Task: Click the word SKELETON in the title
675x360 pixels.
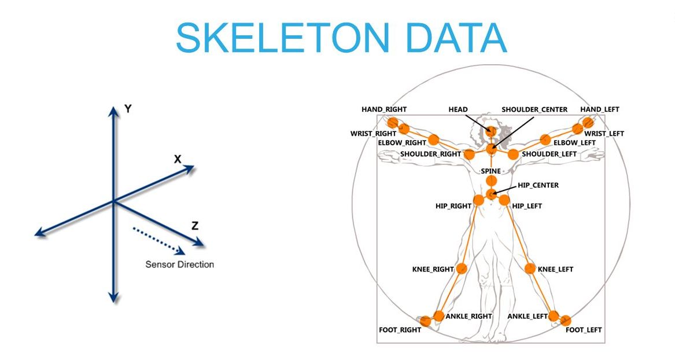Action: tap(283, 37)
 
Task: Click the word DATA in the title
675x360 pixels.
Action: tap(456, 37)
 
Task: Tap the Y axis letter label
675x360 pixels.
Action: tap(128, 108)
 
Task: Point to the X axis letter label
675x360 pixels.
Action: tap(178, 159)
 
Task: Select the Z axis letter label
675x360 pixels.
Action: tap(195, 226)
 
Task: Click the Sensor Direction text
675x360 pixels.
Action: tap(179, 265)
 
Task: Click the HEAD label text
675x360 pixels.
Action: tap(458, 109)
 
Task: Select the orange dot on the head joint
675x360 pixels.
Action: tap(490, 132)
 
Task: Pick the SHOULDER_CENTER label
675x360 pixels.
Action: tap(534, 109)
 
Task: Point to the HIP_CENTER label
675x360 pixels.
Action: tap(538, 185)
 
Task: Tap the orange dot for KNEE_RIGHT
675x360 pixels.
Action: tap(462, 269)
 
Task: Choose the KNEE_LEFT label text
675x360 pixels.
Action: tap(555, 269)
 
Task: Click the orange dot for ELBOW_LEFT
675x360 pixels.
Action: tap(545, 139)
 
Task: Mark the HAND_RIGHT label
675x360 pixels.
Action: tap(384, 109)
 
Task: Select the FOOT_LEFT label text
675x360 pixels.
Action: tap(583, 330)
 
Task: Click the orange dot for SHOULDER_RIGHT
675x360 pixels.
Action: tap(469, 155)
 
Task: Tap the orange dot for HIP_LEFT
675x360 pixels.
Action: tap(504, 200)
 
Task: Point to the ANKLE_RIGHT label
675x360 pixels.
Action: tap(469, 316)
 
